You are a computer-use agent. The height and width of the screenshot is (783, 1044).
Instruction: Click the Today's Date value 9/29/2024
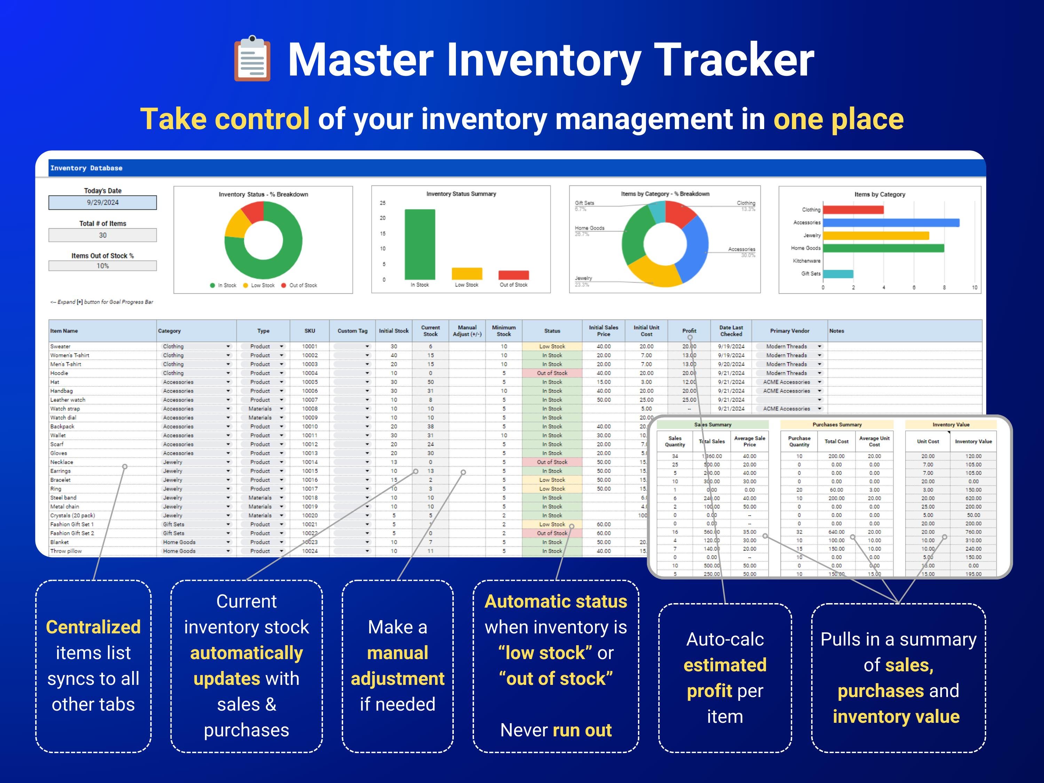[x=102, y=203]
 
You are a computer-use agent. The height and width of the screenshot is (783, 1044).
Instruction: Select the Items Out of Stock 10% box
[x=102, y=266]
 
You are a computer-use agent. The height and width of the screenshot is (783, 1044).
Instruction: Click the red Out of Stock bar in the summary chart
[x=514, y=275]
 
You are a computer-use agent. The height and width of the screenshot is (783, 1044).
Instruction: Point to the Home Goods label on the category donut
[x=590, y=228]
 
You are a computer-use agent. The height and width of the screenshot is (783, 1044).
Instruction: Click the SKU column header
[x=310, y=331]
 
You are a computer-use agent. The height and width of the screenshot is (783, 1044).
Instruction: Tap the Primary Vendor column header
[x=789, y=331]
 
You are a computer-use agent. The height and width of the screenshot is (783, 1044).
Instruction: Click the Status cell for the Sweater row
[x=552, y=346]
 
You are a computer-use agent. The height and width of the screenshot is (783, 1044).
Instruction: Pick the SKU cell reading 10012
[x=310, y=444]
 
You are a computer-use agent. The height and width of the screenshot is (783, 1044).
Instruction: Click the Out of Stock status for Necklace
[x=552, y=462]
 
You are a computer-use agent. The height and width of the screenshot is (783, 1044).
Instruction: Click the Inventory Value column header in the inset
[x=973, y=442]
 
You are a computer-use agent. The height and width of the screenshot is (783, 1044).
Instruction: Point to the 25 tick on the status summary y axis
[x=382, y=203]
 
